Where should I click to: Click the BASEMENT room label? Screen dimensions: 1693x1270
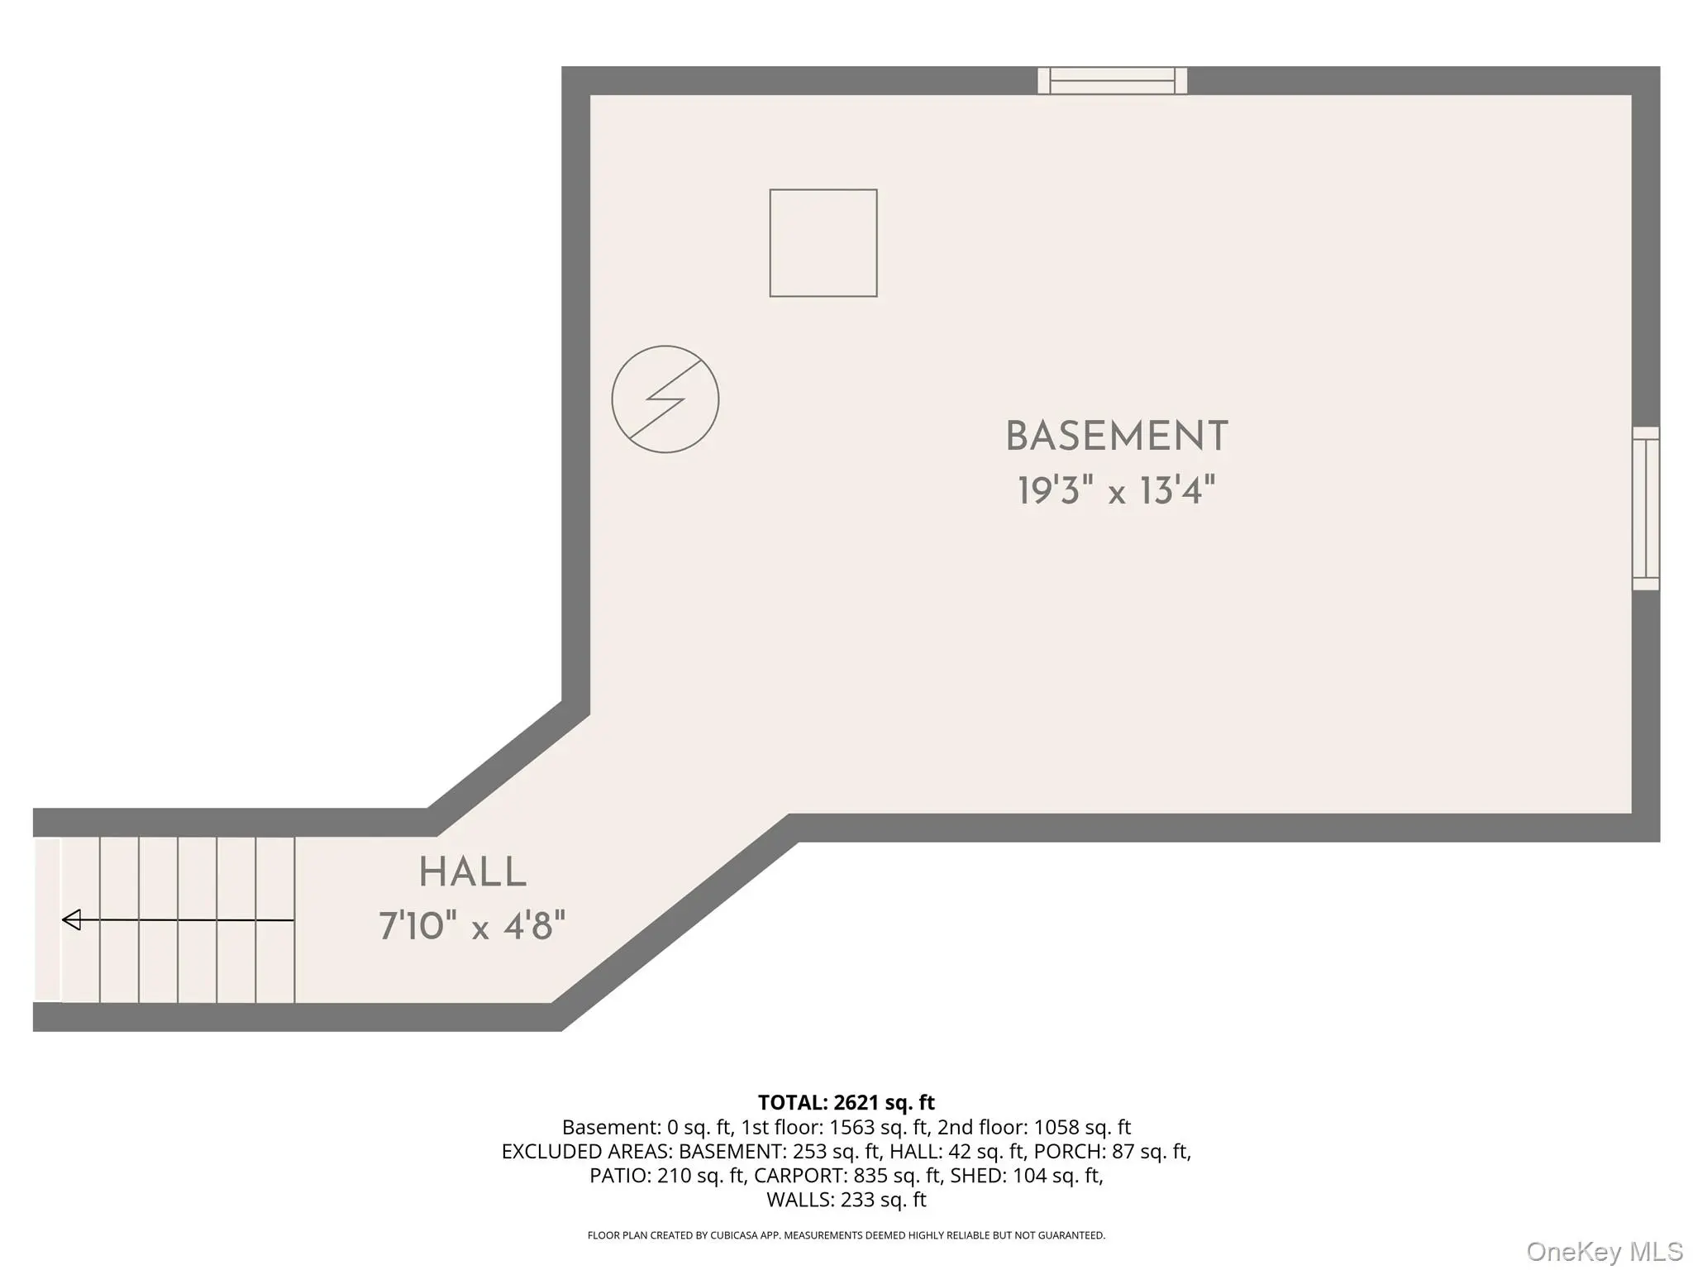point(1117,437)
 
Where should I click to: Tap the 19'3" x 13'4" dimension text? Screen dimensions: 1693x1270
point(1116,490)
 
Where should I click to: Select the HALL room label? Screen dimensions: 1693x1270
point(472,872)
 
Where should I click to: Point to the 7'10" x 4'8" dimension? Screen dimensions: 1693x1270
point(472,925)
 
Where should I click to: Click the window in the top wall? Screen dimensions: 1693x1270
point(1113,81)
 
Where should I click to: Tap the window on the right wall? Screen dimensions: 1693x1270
point(1646,508)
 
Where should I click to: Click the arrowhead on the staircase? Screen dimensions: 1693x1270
point(72,919)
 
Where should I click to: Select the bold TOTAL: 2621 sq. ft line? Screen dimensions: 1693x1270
point(846,1102)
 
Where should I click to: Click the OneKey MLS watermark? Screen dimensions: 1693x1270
point(1605,1251)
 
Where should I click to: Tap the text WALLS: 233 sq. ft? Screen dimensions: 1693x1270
point(846,1199)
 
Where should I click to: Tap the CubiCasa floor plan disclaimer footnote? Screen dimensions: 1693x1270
point(846,1235)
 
